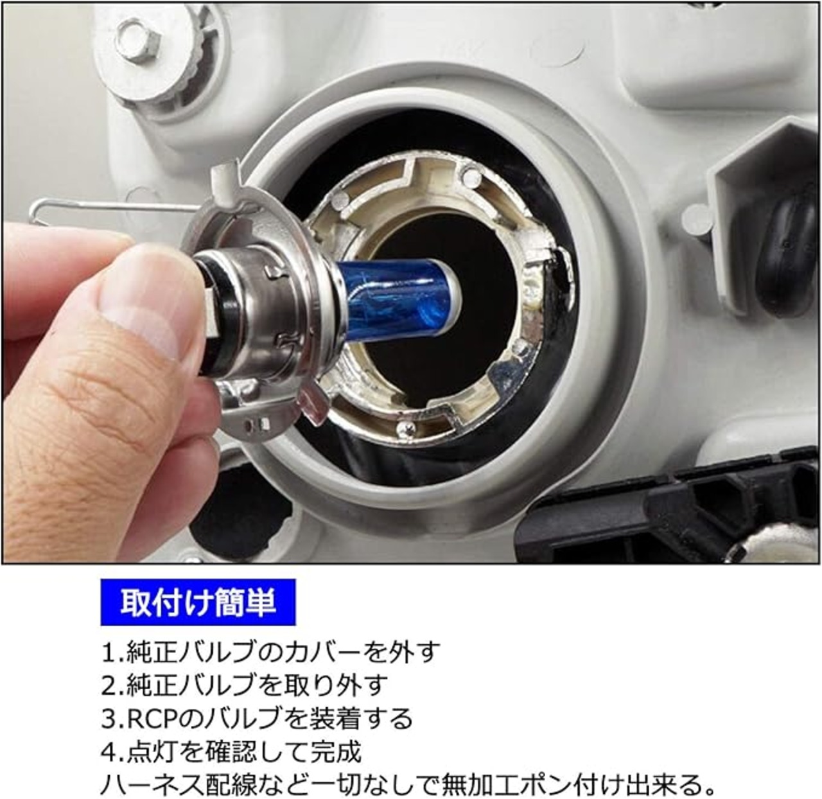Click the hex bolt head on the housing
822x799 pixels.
(x=139, y=39)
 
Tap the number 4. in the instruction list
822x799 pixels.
(x=113, y=751)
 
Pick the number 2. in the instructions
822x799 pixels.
(x=113, y=685)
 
